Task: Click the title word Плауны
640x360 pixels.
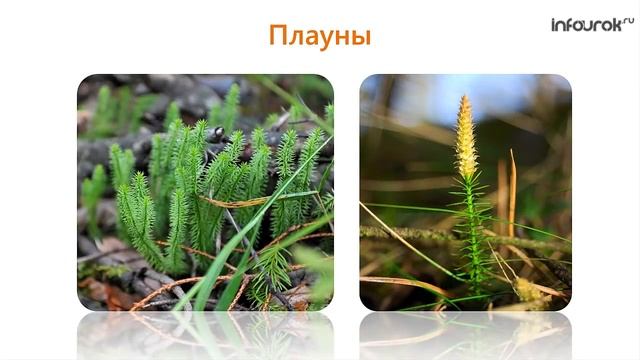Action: coord(320,36)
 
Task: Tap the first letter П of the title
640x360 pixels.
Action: coord(278,36)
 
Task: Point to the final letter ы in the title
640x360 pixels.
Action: coord(361,38)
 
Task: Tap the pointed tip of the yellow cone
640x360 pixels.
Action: coord(464,98)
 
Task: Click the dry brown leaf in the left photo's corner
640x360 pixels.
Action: coord(95,292)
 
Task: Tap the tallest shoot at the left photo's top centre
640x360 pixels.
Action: coord(231,100)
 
